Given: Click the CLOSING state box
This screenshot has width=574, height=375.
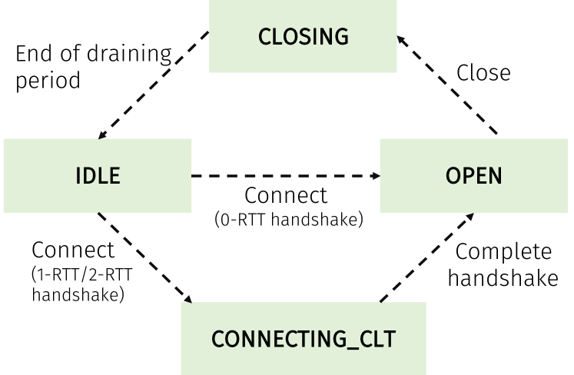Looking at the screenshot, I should [303, 36].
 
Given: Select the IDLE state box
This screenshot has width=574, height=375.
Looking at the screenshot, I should [97, 175].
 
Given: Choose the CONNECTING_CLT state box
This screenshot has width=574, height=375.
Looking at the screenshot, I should [303, 338].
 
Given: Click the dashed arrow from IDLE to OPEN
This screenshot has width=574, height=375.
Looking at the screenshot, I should [284, 176].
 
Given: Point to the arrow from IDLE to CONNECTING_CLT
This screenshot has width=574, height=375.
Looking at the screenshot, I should [144, 257].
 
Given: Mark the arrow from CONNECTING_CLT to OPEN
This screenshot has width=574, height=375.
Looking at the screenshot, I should [427, 257].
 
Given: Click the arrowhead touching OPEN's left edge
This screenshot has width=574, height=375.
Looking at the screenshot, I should [376, 176].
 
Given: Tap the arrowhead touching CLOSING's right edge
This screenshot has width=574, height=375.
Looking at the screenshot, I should [401, 37].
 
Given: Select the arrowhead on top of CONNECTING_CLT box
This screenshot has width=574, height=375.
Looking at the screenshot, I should [187, 298].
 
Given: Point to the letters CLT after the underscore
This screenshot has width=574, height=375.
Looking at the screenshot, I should [377, 338].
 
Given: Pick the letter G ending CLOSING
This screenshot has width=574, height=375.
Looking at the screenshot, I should [341, 36].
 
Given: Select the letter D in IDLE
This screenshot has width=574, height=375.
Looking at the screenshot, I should [89, 175].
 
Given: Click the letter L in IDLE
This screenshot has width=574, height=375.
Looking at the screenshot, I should [102, 175].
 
